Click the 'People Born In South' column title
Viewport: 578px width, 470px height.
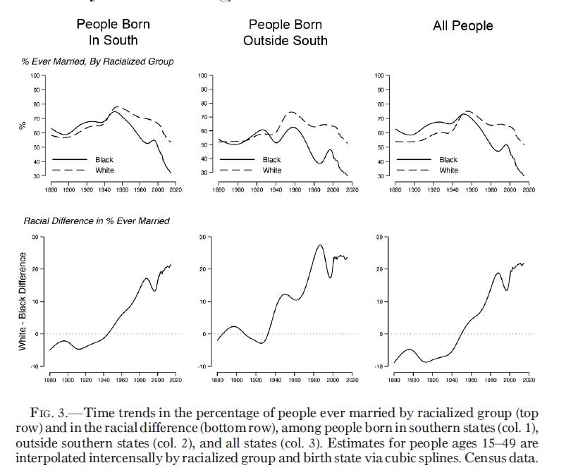[114, 32]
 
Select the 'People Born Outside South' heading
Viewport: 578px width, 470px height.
[285, 32]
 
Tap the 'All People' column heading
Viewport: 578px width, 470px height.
[462, 26]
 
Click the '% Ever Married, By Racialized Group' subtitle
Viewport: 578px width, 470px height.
[97, 62]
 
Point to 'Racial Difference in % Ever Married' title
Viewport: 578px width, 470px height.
[97, 221]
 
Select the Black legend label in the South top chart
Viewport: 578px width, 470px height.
[104, 160]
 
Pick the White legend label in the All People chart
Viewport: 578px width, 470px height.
[448, 171]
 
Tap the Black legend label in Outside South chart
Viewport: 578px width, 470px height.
[271, 160]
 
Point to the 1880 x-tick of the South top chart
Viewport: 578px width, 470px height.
[50, 190]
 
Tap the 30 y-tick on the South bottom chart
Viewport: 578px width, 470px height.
[35, 237]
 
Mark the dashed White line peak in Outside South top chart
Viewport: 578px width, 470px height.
[291, 111]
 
